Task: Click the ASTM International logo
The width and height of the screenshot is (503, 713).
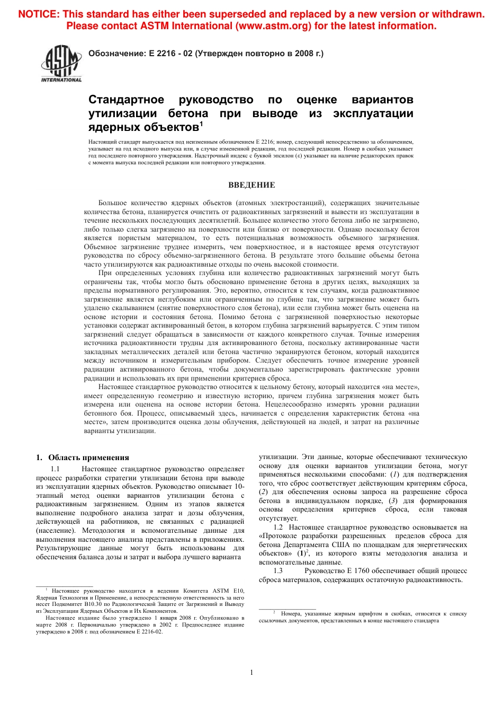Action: pyautogui.click(x=61, y=63)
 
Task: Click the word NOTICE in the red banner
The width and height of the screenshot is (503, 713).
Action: pyautogui.click(x=39, y=14)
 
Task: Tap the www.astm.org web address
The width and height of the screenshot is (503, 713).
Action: pyautogui.click(x=274, y=26)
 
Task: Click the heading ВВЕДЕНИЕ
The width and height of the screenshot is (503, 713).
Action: pyautogui.click(x=251, y=185)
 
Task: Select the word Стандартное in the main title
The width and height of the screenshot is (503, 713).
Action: pyautogui.click(x=127, y=100)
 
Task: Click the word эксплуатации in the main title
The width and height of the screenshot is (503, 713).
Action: pyautogui.click(x=373, y=113)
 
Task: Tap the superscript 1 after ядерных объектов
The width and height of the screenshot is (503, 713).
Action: pyautogui.click(x=201, y=125)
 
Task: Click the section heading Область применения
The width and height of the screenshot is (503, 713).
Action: pyautogui.click(x=88, y=457)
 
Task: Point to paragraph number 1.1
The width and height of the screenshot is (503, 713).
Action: pyautogui.click(x=56, y=469)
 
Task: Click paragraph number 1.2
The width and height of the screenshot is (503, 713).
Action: pyautogui.click(x=278, y=527)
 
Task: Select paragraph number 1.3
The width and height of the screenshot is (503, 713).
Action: pyautogui.click(x=278, y=571)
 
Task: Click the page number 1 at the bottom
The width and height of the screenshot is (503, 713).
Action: pyautogui.click(x=251, y=672)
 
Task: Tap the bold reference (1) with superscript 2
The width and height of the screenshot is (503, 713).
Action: pyautogui.click(x=302, y=553)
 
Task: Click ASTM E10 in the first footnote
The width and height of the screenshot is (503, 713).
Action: pyautogui.click(x=228, y=591)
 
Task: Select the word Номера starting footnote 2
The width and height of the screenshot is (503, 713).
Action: pyautogui.click(x=291, y=614)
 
